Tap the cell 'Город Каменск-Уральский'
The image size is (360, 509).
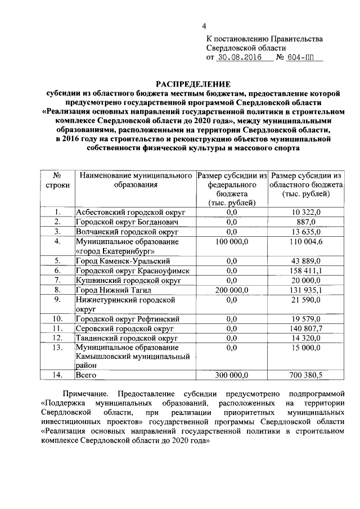click(x=123, y=261)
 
